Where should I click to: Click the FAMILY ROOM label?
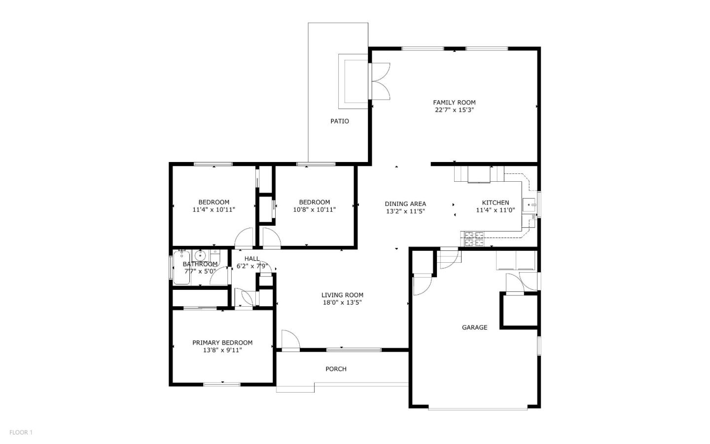coord(454,103)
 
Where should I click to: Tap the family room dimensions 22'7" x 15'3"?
coord(454,110)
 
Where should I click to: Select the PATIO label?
coord(340,121)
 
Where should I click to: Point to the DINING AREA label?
coord(405,203)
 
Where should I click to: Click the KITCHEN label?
coord(495,202)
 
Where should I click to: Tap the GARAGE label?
coord(474,327)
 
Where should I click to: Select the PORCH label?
coord(336,369)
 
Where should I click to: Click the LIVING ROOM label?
coord(342,295)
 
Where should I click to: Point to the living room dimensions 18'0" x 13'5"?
coord(342,303)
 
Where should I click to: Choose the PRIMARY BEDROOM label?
coord(222,343)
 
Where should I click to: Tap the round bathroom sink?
coord(200,256)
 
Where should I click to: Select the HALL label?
coord(252,259)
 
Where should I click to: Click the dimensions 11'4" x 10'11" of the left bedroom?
coord(213,209)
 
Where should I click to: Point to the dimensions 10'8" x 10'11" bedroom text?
coord(314,209)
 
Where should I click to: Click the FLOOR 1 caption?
coord(21,433)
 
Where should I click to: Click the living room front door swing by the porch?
coord(290,340)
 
